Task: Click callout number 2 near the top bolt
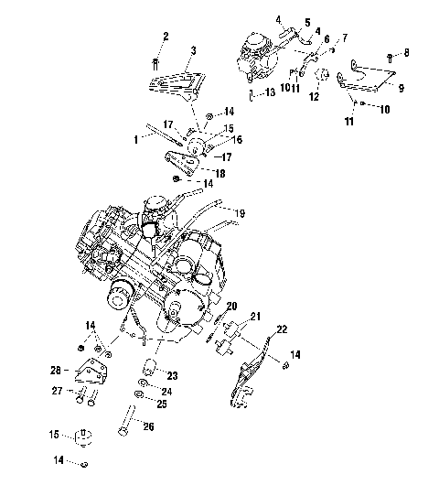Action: pos(166,36)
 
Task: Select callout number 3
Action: pos(193,49)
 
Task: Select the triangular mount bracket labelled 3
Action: pos(174,81)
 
